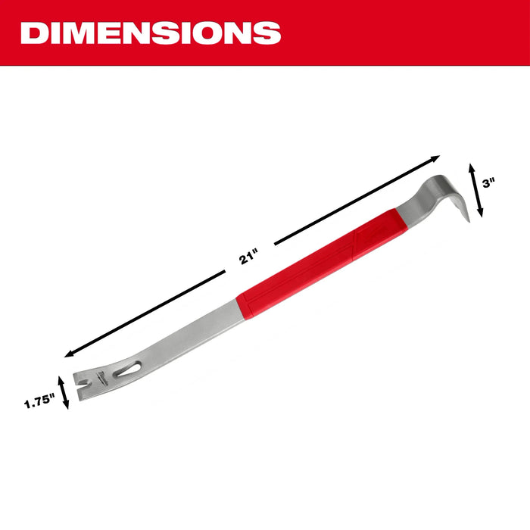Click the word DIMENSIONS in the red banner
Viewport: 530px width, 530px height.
[151, 33]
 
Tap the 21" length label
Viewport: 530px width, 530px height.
[246, 257]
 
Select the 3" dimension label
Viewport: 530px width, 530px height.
[491, 182]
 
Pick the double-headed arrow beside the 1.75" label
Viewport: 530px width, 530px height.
[64, 390]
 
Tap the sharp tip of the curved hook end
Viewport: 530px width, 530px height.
[466, 219]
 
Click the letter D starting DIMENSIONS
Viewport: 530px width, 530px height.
[33, 33]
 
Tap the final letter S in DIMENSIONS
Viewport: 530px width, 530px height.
[268, 33]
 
